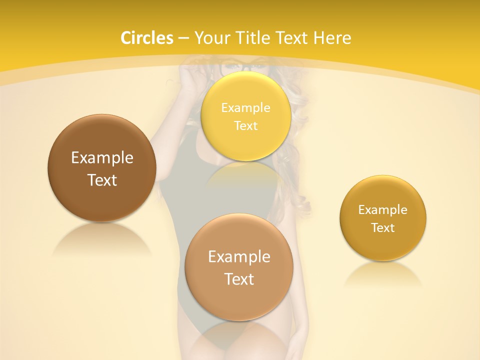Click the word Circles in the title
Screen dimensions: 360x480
[x=147, y=38]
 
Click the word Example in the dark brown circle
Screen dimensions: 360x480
[x=102, y=158]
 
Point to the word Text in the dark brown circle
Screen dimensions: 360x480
[x=102, y=180]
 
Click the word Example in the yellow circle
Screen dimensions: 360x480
[x=245, y=107]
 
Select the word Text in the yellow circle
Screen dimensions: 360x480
[x=245, y=125]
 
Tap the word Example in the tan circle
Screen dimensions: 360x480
[x=239, y=257]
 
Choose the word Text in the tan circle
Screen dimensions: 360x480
[x=239, y=279]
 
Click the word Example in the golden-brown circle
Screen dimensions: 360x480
[x=382, y=209]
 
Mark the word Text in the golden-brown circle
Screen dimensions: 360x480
[x=382, y=227]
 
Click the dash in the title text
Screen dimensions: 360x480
[x=183, y=38]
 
